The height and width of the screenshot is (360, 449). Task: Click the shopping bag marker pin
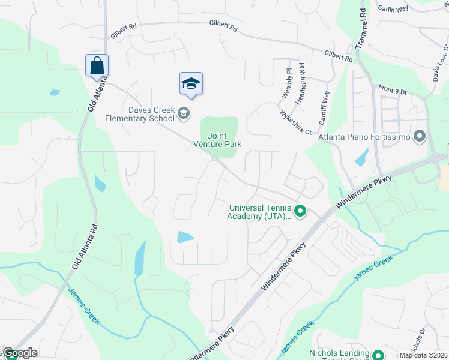pos(97,65)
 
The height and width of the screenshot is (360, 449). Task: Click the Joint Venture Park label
pos(217,140)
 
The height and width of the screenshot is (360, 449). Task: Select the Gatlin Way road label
pos(393,8)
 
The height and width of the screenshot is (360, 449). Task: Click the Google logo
pos(20,353)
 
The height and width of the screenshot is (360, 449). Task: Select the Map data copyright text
pos(424,355)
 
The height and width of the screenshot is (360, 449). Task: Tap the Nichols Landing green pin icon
pos(378,355)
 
